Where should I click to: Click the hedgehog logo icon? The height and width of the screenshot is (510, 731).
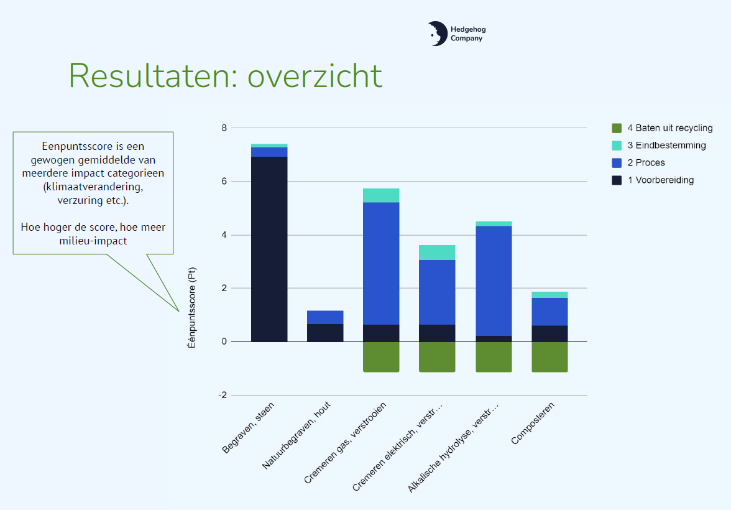point(437,34)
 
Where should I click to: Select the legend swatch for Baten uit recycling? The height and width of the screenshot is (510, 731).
point(617,128)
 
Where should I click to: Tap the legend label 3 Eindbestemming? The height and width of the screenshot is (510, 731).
point(666,146)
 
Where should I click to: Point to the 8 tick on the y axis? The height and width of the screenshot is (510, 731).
point(224,128)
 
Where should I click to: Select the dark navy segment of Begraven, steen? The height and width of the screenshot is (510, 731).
point(269,249)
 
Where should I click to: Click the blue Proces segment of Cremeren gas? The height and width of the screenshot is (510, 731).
point(381,263)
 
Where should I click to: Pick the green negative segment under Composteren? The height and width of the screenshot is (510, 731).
point(549,357)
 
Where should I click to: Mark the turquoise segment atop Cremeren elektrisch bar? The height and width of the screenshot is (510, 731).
point(437,252)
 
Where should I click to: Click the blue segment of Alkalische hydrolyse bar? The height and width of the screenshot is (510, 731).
point(494,280)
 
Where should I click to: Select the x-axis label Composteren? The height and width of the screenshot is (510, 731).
point(533,424)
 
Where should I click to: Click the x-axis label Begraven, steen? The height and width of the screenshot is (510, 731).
point(249,429)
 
